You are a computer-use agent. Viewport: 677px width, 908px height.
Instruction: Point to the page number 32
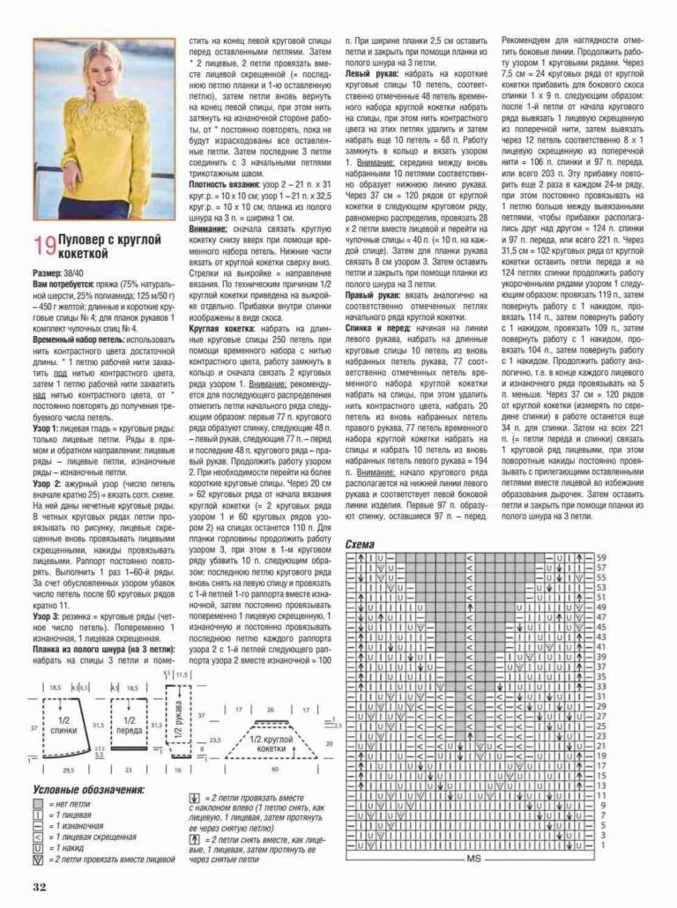[x=39, y=885]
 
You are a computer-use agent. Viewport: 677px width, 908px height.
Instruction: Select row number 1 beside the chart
[x=599, y=845]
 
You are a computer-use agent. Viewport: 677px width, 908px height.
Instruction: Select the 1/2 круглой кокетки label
[x=272, y=742]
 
